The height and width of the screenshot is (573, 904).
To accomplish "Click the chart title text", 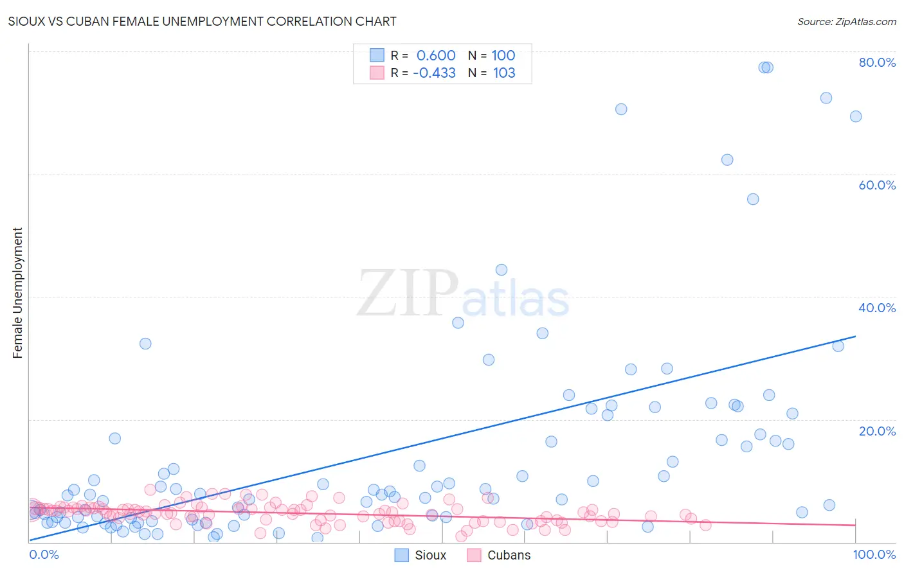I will [x=201, y=21].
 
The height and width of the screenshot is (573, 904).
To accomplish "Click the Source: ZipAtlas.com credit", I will [x=846, y=21].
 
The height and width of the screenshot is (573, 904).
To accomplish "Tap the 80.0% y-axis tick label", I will [x=877, y=62].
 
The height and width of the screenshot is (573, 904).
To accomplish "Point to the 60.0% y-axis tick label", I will [x=877, y=185].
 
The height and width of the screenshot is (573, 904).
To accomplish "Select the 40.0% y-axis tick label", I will [x=877, y=308].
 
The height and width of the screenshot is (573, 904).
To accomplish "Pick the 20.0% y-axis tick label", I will [x=877, y=431].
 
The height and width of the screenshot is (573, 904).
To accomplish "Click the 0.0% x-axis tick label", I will [x=44, y=554].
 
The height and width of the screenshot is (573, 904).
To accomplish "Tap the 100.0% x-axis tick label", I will [x=874, y=554].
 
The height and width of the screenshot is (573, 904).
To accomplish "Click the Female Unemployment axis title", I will [x=17, y=293].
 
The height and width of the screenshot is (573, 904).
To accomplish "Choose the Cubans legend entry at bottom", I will [x=499, y=555].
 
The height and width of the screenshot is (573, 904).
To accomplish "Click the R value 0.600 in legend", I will [x=436, y=56].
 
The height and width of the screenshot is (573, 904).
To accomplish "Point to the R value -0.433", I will [x=434, y=73].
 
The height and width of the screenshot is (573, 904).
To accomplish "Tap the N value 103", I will [x=504, y=73].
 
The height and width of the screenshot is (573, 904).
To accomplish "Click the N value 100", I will [x=503, y=56].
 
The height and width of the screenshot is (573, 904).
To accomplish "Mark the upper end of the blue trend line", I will [x=855, y=336].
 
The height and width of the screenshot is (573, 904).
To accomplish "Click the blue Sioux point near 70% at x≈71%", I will [x=621, y=109].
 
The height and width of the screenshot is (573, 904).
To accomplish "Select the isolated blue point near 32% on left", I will [x=145, y=344].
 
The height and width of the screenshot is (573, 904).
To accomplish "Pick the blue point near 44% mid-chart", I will [x=502, y=270].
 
